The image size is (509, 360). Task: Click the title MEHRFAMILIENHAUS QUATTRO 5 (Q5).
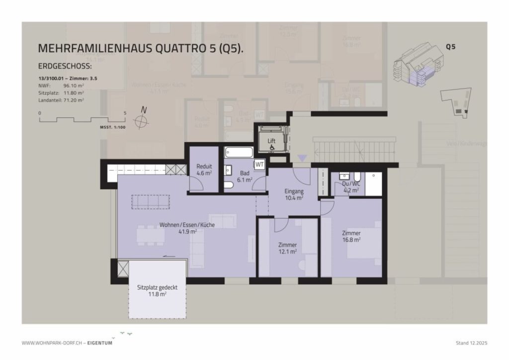tap(141, 48)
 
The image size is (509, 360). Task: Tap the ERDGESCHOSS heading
tap(65, 66)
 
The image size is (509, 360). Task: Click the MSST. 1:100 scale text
tap(112, 128)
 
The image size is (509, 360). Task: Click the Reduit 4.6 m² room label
tap(204, 170)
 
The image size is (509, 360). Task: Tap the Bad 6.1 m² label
tap(245, 177)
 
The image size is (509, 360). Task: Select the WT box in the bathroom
tap(259, 164)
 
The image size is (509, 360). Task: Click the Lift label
tap(271, 141)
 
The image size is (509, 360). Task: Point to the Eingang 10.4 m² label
tap(294, 194)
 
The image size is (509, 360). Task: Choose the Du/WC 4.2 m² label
tap(351, 186)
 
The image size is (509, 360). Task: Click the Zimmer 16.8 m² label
tap(351, 236)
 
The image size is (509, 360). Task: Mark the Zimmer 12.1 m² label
tap(287, 248)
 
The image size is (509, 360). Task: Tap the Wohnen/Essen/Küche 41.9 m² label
tap(187, 228)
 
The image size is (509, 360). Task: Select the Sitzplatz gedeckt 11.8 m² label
tap(157, 290)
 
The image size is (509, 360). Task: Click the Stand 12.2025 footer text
tap(471, 343)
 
